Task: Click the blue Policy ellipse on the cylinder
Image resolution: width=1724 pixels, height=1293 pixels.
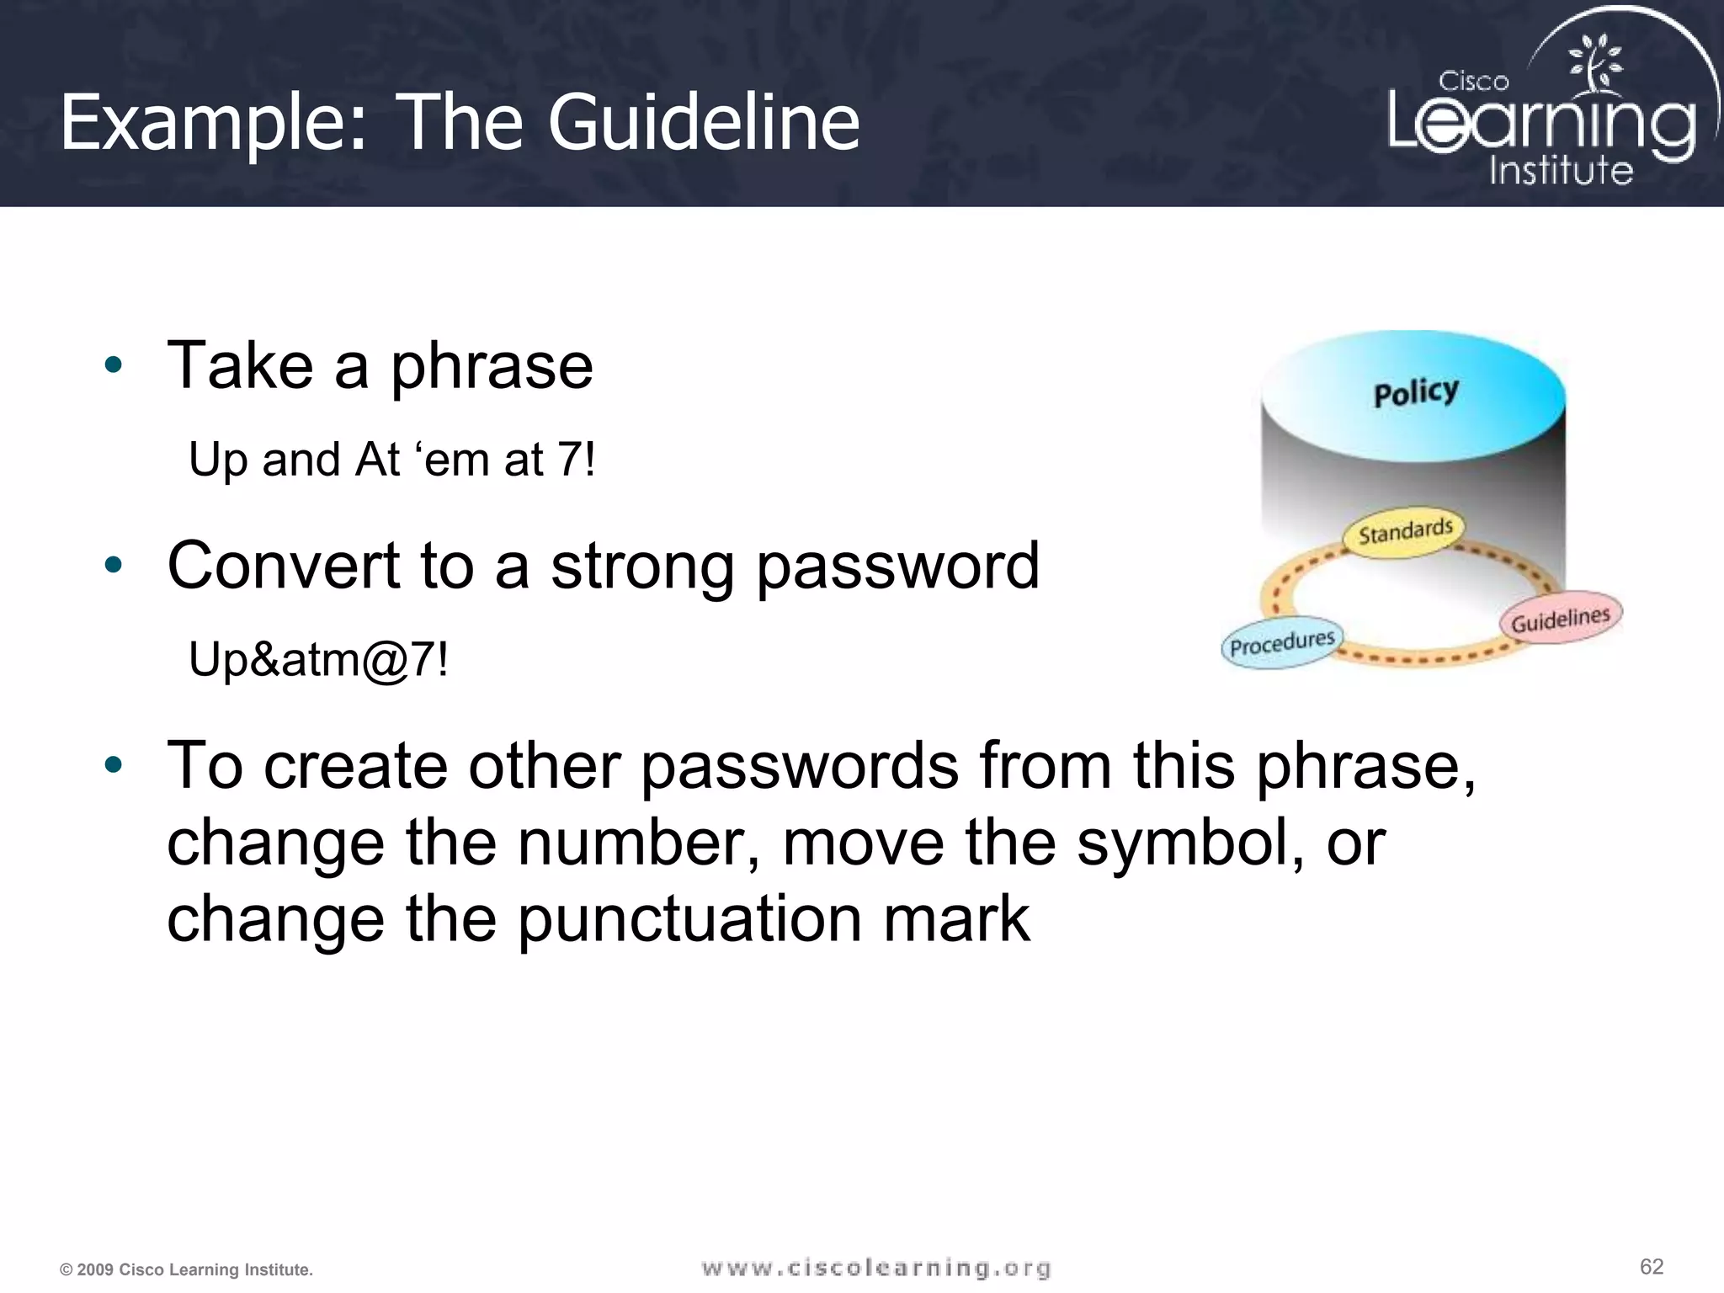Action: pyautogui.click(x=1414, y=394)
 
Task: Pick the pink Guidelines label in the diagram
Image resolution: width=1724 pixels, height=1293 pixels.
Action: pyautogui.click(x=1560, y=620)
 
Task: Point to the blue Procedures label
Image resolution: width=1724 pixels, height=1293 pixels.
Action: pyautogui.click(x=1282, y=644)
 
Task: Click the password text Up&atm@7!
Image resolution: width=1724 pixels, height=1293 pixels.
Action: pyautogui.click(x=318, y=659)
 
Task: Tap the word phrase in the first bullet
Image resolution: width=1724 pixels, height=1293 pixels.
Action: pyautogui.click(x=492, y=367)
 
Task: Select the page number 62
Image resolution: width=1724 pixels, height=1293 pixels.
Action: pyautogui.click(x=1651, y=1267)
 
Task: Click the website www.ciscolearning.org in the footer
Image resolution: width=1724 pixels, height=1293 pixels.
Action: pyautogui.click(x=876, y=1268)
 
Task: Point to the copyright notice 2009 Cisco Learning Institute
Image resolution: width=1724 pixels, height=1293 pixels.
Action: pyautogui.click(x=186, y=1269)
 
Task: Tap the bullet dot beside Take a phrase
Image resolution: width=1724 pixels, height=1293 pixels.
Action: pyautogui.click(x=114, y=366)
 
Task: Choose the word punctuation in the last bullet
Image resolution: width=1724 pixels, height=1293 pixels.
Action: pyautogui.click(x=689, y=919)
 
